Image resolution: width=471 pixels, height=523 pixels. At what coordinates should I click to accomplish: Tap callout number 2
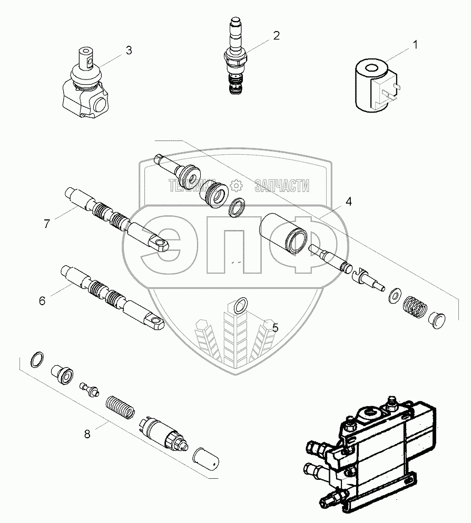(x=276, y=36)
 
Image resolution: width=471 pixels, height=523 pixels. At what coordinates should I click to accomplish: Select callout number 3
(x=128, y=51)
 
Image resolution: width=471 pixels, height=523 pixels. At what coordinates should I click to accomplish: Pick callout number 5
(x=275, y=327)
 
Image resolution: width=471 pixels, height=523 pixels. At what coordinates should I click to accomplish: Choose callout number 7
(x=47, y=224)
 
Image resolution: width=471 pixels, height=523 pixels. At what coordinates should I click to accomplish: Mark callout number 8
(x=87, y=434)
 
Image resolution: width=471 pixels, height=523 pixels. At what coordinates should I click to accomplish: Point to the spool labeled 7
(x=119, y=220)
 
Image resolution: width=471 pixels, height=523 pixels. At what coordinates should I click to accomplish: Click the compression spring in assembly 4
(x=414, y=307)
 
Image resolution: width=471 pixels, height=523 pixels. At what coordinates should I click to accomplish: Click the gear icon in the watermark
(x=235, y=185)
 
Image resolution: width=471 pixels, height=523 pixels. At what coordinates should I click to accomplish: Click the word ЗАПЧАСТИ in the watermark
(x=281, y=185)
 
